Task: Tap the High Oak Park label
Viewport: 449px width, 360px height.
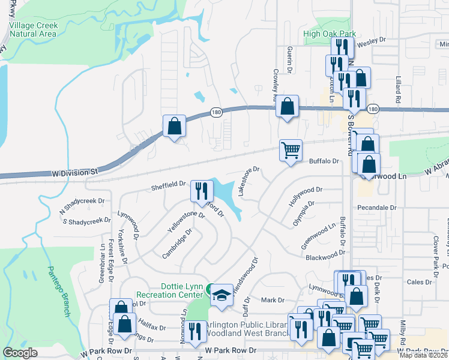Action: [x=330, y=34]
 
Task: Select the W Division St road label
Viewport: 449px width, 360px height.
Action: [x=74, y=172]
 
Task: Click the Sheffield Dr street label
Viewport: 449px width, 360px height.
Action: [x=169, y=184]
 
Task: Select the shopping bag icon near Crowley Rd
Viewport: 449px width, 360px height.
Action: [x=288, y=107]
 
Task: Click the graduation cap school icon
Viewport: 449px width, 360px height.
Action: [x=221, y=295]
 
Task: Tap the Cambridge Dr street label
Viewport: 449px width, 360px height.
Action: [x=176, y=244]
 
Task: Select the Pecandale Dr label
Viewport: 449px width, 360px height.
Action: [x=377, y=208]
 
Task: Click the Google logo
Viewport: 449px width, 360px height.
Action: [x=20, y=353]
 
